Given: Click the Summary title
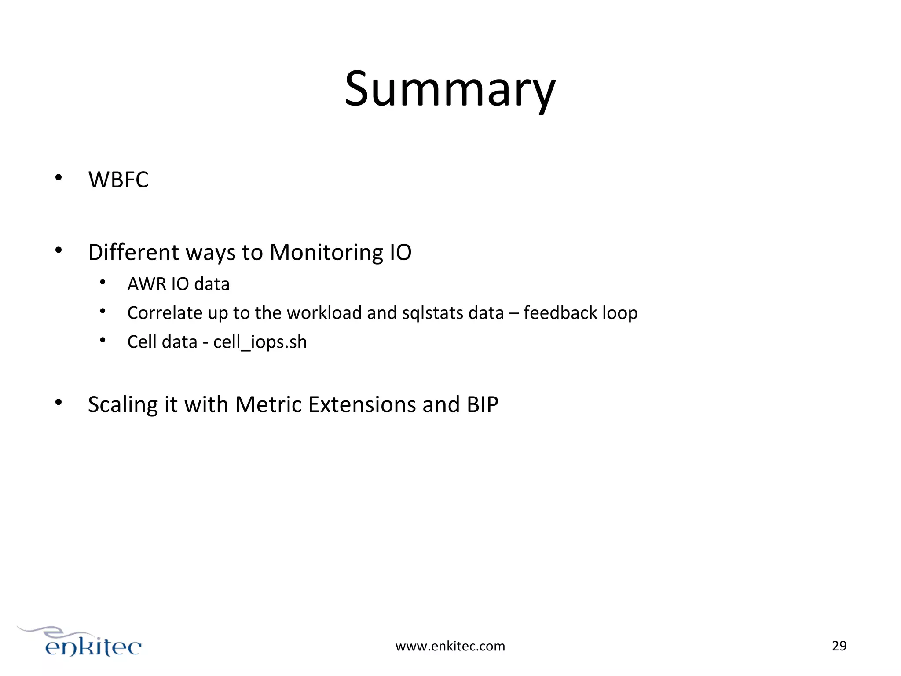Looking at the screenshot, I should [450, 89].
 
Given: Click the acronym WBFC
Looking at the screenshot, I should [118, 180].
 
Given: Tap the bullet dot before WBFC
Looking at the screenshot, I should [59, 178].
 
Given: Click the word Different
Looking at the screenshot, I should [134, 253].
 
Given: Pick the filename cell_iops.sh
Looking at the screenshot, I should [260, 342].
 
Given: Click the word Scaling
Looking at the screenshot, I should [123, 405].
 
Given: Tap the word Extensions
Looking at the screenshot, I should [362, 404].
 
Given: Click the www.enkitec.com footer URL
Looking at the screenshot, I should [450, 646].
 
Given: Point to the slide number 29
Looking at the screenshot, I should [839, 646].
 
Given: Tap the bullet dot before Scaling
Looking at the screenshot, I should [59, 402].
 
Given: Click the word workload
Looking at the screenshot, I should [324, 313].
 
